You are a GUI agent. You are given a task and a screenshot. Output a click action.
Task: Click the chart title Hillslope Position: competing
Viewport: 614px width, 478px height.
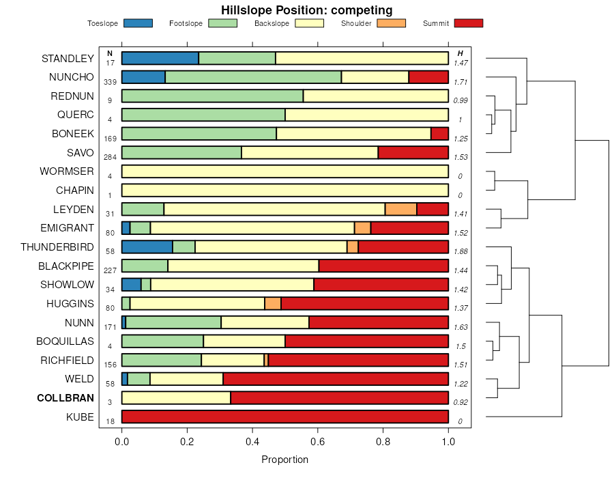tap(306, 10)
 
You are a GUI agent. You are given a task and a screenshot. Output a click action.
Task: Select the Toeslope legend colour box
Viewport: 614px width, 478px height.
tap(138, 23)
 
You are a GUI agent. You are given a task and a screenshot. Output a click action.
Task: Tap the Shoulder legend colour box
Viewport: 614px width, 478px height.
tap(392, 23)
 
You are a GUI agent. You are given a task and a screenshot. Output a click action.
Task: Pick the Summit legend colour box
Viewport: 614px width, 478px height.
tap(469, 23)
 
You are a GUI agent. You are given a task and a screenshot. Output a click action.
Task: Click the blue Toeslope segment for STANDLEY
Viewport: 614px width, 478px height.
tap(160, 58)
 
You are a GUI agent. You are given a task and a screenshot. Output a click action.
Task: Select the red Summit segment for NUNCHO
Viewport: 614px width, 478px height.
tap(428, 77)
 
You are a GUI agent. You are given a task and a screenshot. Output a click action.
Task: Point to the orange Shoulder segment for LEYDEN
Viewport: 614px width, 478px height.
tap(400, 209)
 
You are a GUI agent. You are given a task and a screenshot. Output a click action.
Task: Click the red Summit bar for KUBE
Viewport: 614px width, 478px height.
tap(284, 417)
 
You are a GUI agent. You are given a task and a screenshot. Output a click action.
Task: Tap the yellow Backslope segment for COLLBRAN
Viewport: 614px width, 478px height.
tap(176, 398)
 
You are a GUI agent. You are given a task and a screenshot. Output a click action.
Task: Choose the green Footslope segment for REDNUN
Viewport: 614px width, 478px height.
tap(212, 96)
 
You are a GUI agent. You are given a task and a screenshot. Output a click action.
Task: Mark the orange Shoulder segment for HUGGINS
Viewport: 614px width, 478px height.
tap(273, 303)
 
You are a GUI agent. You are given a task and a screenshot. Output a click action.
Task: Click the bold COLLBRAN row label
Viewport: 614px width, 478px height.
tap(65, 398)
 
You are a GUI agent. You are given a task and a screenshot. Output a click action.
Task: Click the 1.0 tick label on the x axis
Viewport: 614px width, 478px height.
tap(448, 441)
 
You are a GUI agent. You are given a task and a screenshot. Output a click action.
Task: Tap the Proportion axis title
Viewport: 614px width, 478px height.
tap(284, 460)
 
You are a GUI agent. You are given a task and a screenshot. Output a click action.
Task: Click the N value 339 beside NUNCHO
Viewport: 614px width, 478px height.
tap(110, 82)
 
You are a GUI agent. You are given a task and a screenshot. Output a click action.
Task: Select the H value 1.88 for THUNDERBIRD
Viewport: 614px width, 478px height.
tap(460, 251)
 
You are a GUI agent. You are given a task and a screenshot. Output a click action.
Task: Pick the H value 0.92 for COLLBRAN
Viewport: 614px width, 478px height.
tap(460, 402)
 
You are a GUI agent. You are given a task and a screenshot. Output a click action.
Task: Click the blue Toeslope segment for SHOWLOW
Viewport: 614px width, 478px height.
tap(131, 284)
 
